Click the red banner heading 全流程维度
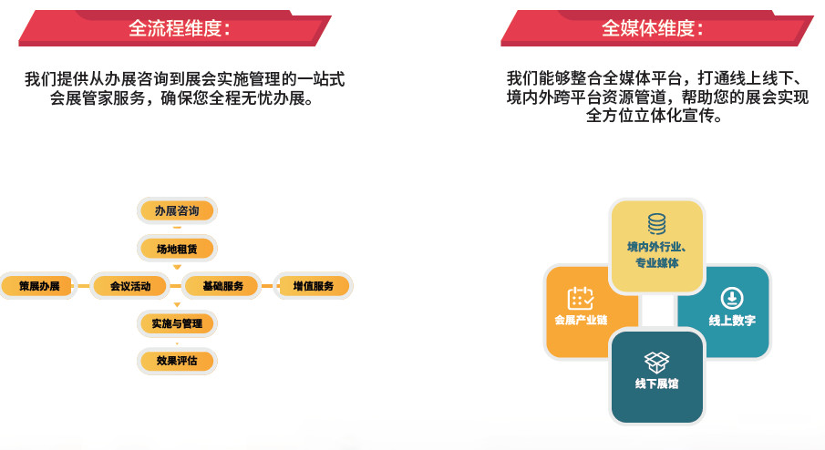175,28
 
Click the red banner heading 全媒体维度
656,28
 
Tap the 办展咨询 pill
177,210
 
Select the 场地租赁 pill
177,249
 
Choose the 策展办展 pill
38,286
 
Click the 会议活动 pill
130,286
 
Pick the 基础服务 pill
222,286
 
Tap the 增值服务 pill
314,286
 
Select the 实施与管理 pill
177,323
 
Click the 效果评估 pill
177,361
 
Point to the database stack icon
656,224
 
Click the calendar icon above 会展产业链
581,299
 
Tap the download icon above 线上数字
732,298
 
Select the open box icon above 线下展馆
656,363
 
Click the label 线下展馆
656,384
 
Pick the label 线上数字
732,320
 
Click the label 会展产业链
581,320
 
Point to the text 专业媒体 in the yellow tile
656,263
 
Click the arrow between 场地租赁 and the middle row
177,267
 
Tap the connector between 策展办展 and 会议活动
84,286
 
